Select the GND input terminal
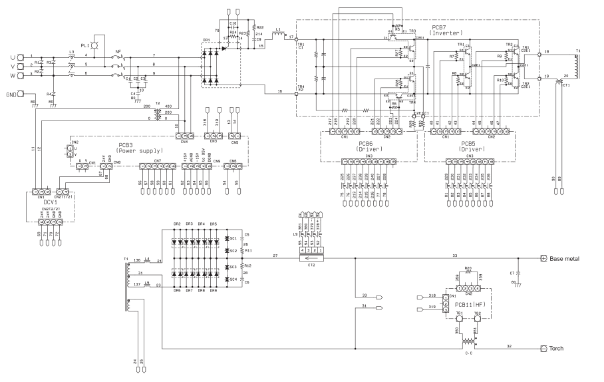pyautogui.click(x=22, y=93)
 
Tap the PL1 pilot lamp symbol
pyautogui.click(x=94, y=45)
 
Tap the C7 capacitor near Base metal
pyautogui.click(x=520, y=274)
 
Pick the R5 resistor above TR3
pyautogui.click(x=397, y=27)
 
